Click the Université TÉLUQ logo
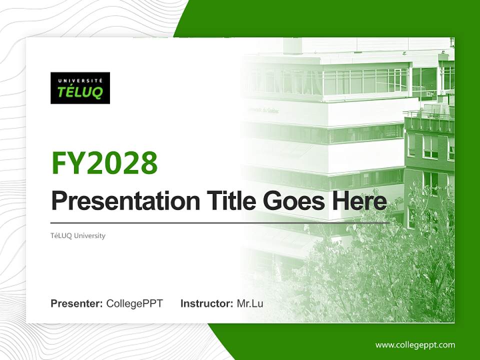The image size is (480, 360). pyautogui.click(x=80, y=88)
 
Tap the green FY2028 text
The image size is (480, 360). pyautogui.click(x=104, y=163)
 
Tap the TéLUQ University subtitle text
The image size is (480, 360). pyautogui.click(x=78, y=235)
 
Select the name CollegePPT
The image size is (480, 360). pyautogui.click(x=134, y=303)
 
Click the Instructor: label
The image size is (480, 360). pyautogui.click(x=206, y=303)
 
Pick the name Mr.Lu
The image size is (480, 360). pyautogui.click(x=250, y=303)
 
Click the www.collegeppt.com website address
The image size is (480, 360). pyautogui.click(x=415, y=344)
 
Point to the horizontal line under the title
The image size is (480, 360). pyautogui.click(x=220, y=222)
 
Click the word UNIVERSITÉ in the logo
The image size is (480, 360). pyautogui.click(x=80, y=80)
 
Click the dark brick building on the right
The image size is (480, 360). pyautogui.click(x=430, y=160)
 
